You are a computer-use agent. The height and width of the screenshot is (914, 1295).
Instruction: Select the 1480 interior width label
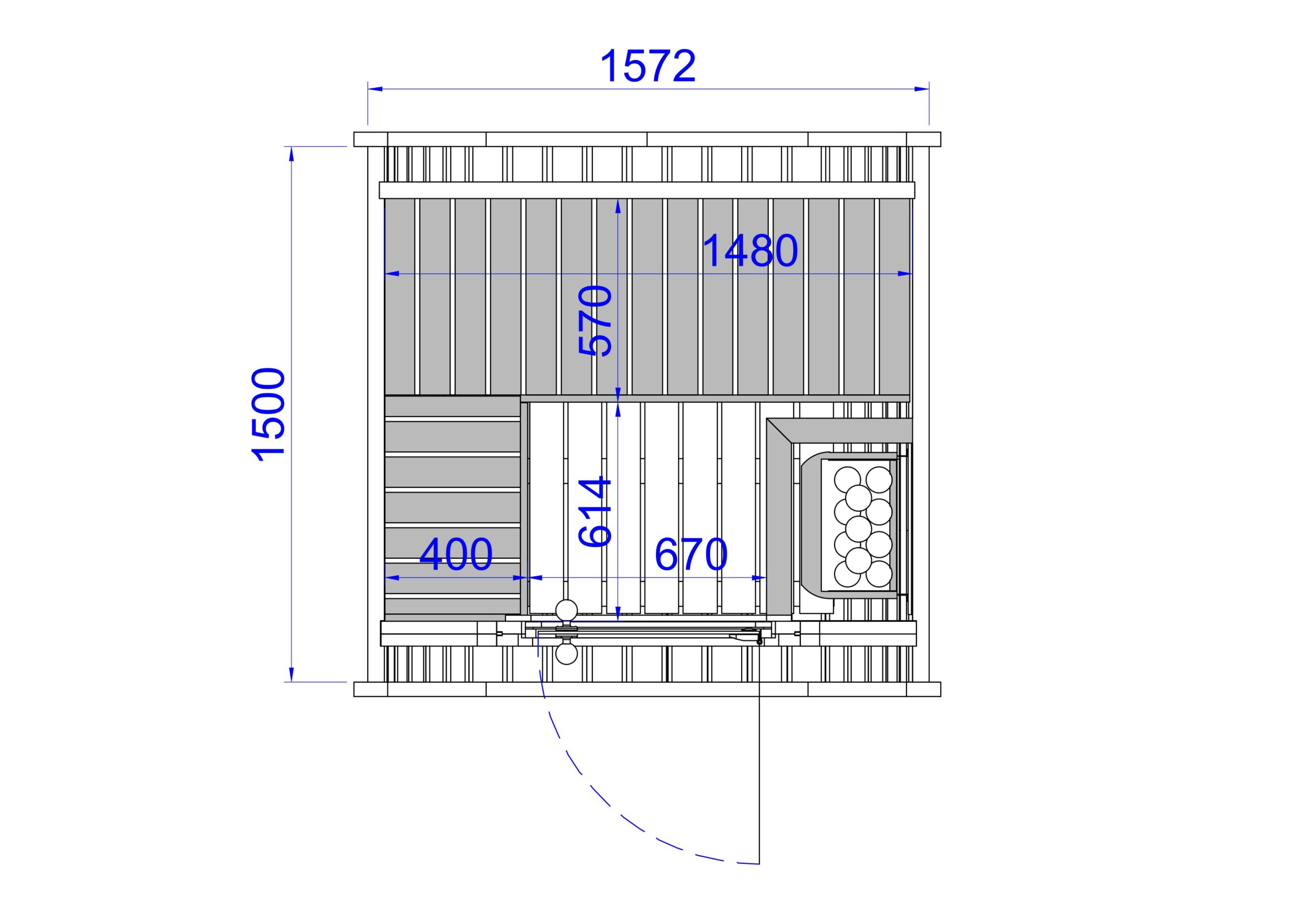751,251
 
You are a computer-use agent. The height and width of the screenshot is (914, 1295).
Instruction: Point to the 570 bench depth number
595,321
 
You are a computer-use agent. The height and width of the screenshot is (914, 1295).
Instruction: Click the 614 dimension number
595,512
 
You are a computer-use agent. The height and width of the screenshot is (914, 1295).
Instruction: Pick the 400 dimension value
456,554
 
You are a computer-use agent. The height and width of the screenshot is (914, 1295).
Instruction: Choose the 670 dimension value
691,554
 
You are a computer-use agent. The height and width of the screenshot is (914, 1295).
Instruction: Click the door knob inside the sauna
566,611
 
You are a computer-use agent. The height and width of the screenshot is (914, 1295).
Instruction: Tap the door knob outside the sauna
566,653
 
